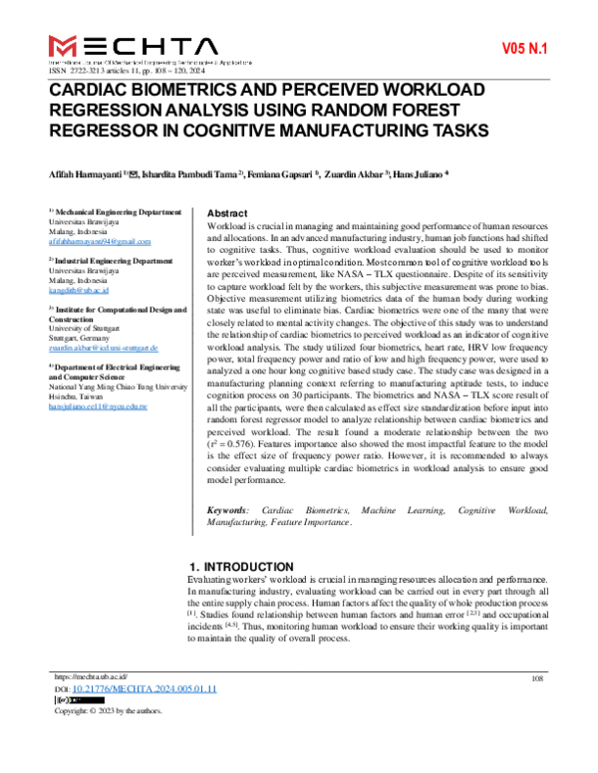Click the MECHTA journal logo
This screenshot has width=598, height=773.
point(132,46)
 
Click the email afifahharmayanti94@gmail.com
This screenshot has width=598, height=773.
point(100,242)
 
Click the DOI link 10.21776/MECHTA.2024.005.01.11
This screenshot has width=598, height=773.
point(145,689)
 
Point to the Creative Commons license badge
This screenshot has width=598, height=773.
point(66,701)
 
